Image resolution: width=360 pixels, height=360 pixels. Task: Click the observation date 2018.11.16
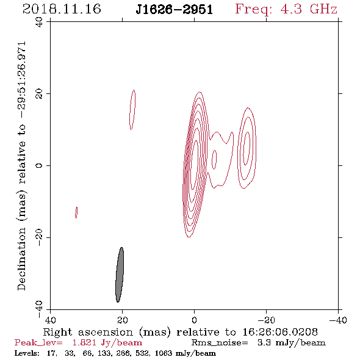62,9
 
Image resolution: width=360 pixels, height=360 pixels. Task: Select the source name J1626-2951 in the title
175,10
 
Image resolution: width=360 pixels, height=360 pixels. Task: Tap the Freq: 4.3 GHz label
286,9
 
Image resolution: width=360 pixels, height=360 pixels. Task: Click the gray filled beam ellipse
120,275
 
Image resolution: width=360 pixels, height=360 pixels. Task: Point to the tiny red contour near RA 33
76,212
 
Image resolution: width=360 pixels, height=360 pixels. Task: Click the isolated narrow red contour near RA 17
132,110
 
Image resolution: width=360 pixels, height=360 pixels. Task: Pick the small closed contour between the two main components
214,160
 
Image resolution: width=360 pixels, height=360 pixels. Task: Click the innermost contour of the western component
247,148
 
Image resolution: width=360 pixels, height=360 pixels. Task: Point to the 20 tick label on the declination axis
39,94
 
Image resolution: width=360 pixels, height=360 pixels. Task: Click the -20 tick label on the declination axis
39,237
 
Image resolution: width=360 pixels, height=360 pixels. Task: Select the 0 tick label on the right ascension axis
194,320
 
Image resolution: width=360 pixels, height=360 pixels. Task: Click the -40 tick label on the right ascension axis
338,320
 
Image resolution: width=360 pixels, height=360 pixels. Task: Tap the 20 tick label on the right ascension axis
123,320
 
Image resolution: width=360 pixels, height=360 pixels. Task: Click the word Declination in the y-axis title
21,259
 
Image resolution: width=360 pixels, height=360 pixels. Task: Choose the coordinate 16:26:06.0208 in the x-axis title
280,332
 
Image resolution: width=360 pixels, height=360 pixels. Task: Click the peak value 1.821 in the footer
84,343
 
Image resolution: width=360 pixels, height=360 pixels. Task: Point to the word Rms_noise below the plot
220,343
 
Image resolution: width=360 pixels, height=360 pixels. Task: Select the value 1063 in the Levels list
164,353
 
